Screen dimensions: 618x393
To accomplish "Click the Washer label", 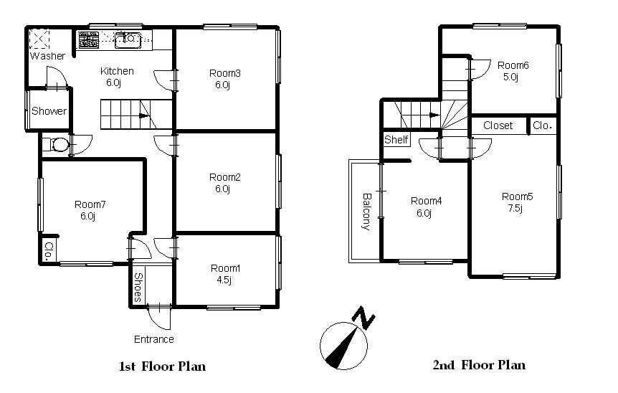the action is [47, 56].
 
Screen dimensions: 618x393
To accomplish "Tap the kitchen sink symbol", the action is [128, 40].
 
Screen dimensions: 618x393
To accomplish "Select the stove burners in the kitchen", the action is [88, 40].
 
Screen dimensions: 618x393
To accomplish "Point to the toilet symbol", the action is [57, 144].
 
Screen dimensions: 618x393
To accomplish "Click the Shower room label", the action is [49, 110].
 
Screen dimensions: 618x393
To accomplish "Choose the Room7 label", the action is [90, 204].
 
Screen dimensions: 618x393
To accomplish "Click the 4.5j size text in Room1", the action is [224, 280].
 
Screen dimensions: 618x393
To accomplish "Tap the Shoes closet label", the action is [138, 287].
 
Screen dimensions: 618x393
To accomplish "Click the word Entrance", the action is [153, 339].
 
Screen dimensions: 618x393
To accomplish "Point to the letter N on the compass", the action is [363, 317].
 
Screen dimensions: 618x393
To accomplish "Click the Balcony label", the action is [366, 212].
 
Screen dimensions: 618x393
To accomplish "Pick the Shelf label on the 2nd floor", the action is [396, 140].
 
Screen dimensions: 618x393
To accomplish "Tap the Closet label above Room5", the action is [498, 126].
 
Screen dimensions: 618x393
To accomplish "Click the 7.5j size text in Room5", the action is [515, 208].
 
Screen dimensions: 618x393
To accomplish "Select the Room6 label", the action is [513, 65].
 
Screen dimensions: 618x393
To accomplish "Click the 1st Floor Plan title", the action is [162, 366].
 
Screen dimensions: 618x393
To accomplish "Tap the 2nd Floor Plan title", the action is [479, 365].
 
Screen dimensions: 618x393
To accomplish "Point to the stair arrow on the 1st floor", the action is [143, 116].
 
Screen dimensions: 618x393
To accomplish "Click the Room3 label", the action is [224, 73].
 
